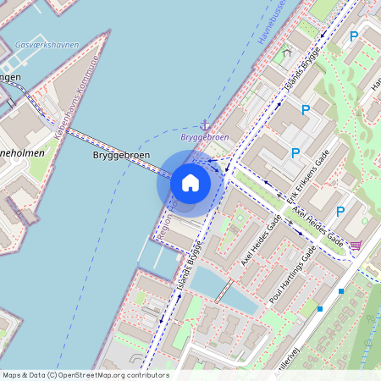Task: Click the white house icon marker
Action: coord(190,183)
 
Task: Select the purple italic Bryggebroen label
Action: coord(204,136)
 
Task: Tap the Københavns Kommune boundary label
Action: coord(77,97)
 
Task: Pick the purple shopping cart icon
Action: coord(356,246)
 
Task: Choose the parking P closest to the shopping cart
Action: coord(340,212)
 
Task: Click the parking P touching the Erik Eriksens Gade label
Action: coord(295,153)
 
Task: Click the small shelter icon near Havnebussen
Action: coord(286,52)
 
